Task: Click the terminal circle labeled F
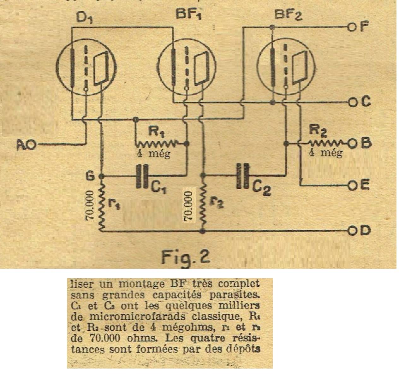[351, 27]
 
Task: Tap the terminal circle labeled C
[351, 102]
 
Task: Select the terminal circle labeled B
[351, 144]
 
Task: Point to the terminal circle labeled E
[351, 186]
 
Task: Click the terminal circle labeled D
[351, 231]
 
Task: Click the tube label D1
[84, 18]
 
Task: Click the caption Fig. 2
[185, 257]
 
